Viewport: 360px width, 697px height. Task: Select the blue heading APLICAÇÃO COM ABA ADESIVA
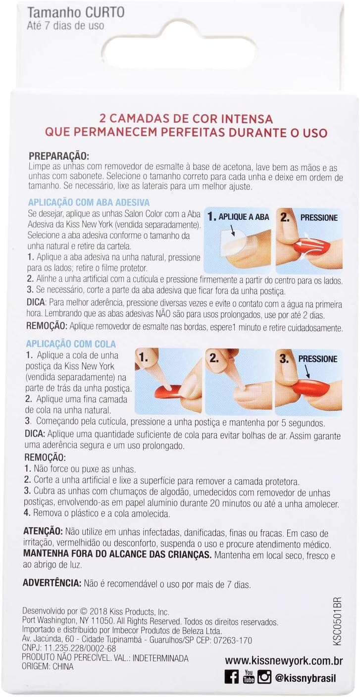(89, 202)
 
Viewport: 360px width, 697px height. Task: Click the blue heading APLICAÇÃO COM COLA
(71, 344)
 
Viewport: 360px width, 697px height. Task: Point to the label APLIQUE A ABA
(244, 217)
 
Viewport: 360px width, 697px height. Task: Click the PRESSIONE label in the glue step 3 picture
(318, 359)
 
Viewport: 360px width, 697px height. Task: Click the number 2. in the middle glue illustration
(214, 358)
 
